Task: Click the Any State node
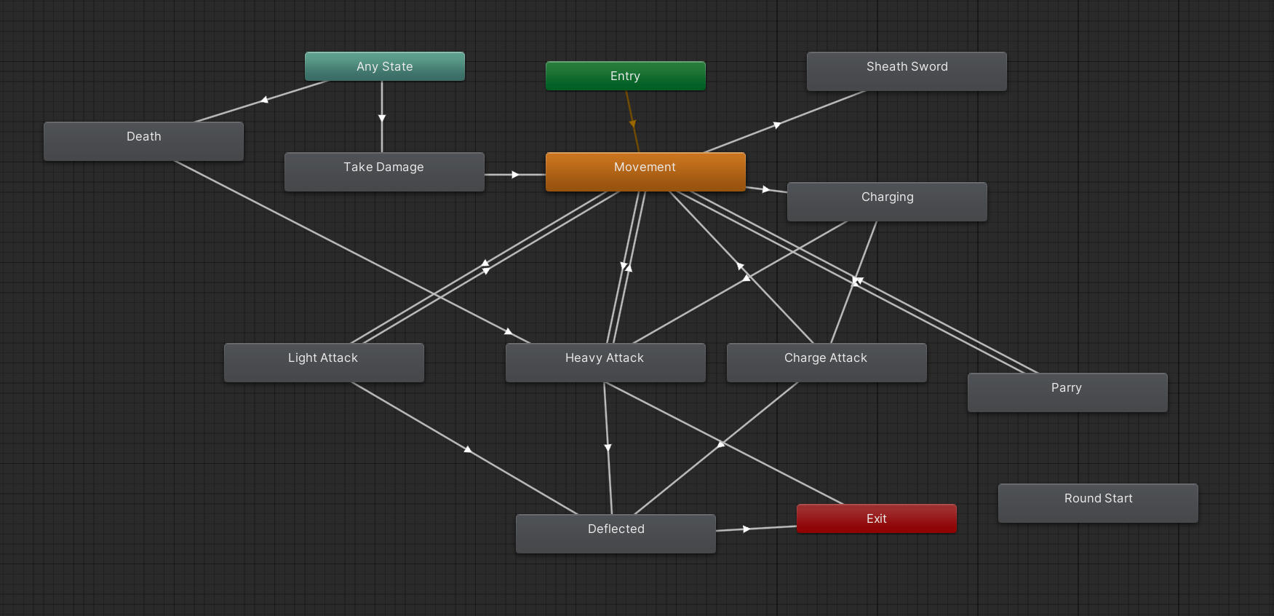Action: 384,66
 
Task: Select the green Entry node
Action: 625,76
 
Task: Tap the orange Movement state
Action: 645,171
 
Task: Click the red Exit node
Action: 876,518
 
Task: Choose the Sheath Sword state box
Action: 907,71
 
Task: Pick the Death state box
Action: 143,141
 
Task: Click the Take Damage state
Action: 383,171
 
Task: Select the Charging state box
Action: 887,201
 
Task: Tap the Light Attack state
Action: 323,362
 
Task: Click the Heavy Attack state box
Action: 605,362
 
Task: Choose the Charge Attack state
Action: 826,362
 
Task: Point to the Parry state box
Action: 1067,392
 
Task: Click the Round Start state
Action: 1098,502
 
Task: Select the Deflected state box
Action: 616,533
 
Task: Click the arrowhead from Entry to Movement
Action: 632,124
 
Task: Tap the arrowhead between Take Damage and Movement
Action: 515,175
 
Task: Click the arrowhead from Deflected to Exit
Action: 746,529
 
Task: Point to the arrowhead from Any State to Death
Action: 265,100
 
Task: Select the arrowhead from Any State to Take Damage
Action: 382,118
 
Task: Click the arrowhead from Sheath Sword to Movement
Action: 777,125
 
